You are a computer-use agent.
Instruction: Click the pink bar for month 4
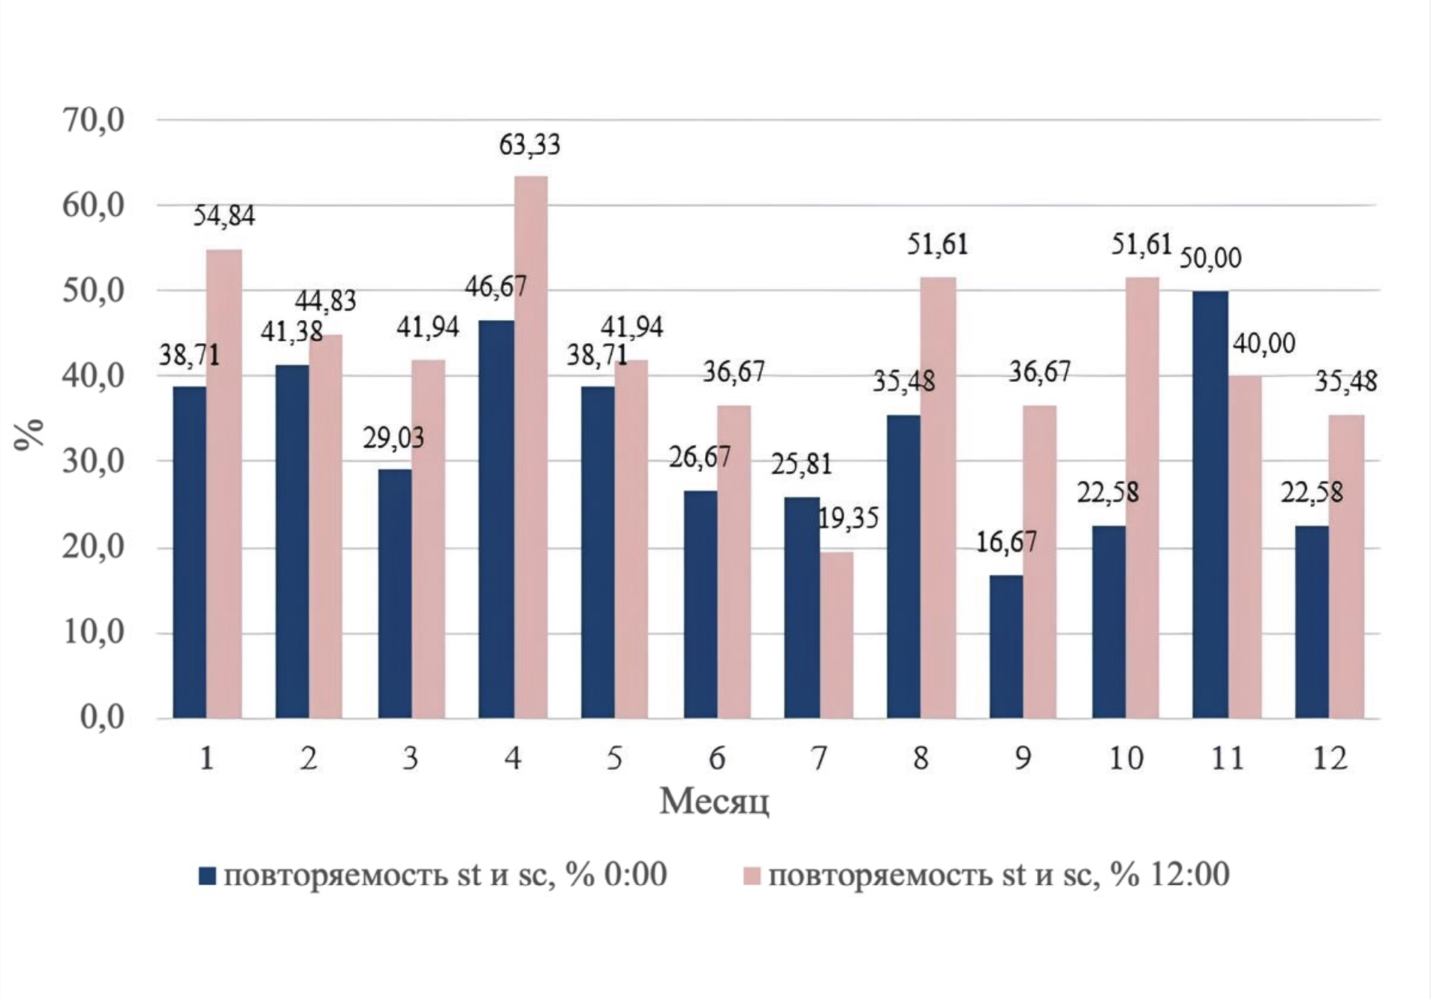tap(531, 447)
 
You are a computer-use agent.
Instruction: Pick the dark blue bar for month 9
tap(1006, 647)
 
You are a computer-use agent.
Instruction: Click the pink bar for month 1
tap(224, 484)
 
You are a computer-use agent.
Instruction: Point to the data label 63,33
tap(529, 144)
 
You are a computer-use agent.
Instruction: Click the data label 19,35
tap(848, 518)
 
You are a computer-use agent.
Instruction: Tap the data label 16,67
tap(1006, 543)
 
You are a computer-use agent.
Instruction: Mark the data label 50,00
tap(1211, 258)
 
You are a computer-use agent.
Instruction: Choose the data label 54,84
tap(224, 216)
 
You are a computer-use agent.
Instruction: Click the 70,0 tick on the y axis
tap(94, 120)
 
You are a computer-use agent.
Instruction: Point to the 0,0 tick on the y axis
tap(103, 718)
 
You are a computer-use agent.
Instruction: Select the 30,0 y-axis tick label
tap(94, 462)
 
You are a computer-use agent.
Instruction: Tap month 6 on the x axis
tap(716, 759)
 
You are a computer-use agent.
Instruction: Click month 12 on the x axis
tap(1329, 759)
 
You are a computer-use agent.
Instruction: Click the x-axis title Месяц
tap(714, 802)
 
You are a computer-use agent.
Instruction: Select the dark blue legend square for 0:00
tap(208, 875)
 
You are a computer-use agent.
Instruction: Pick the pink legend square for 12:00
tap(752, 875)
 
